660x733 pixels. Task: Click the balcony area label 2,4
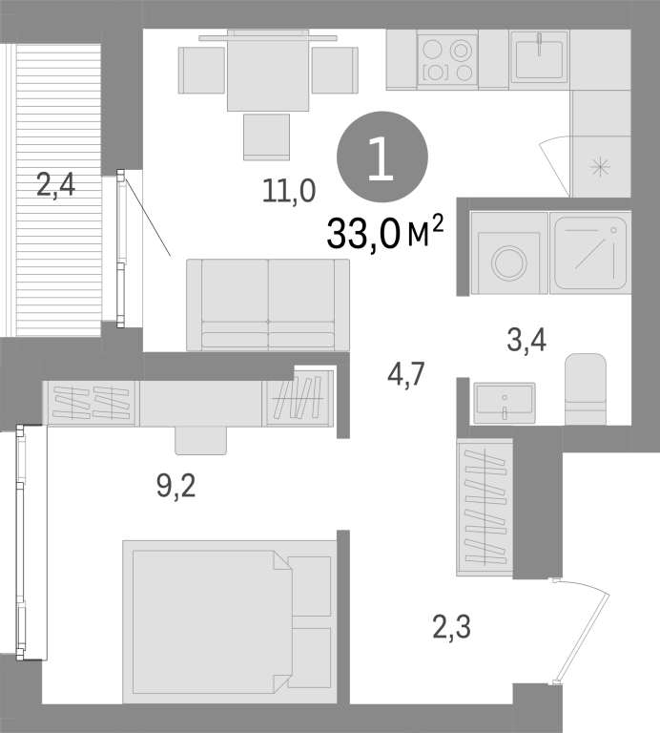tap(55, 185)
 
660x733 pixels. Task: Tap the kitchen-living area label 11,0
tap(289, 191)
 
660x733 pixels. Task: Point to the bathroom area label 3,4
tap(526, 340)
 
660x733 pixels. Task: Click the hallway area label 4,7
tap(406, 374)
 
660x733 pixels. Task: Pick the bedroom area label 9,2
tap(176, 486)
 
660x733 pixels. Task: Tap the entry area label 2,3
tap(452, 627)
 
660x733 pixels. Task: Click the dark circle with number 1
tap(382, 157)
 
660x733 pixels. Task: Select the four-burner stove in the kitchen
tap(447, 59)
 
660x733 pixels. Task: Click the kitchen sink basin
tap(539, 59)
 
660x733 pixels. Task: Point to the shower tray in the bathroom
tap(590, 253)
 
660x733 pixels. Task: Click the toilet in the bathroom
tap(586, 389)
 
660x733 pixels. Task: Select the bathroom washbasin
tap(505, 403)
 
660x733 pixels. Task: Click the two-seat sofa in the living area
tap(268, 304)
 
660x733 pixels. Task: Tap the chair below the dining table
tap(266, 136)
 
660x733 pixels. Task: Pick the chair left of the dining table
tap(202, 70)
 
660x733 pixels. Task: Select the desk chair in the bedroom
tap(201, 440)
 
